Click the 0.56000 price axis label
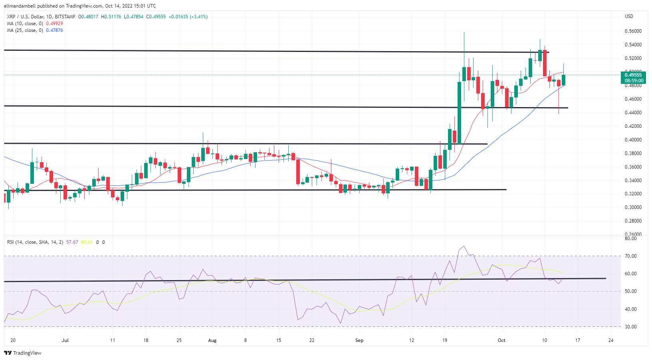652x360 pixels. point(633,31)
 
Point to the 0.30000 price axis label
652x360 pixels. point(633,207)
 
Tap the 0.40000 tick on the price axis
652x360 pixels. point(633,140)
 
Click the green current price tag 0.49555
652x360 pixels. point(634,75)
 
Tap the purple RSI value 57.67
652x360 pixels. point(72,242)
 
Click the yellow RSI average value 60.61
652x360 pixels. point(87,242)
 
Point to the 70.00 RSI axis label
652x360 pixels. point(630,256)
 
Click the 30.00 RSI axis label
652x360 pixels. point(630,327)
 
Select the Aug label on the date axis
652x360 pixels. point(212,340)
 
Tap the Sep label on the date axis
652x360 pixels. point(359,340)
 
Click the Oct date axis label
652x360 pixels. point(501,340)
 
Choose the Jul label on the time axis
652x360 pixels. point(65,340)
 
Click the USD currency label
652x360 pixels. point(629,16)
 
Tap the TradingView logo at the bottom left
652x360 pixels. point(23,353)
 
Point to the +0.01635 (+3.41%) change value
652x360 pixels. point(188,17)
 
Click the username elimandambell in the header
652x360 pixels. point(20,6)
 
